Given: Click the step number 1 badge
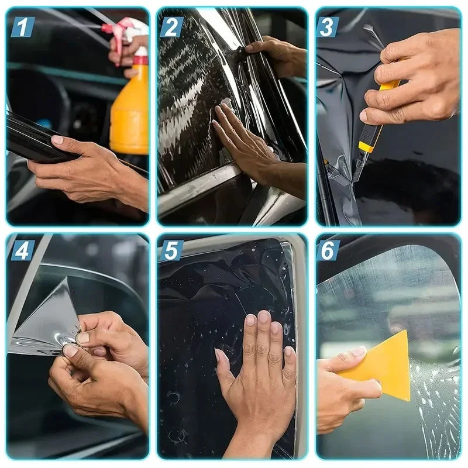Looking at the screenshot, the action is click(x=23, y=27).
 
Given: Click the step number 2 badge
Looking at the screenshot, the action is click(x=171, y=27).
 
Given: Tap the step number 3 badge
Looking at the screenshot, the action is click(x=327, y=27).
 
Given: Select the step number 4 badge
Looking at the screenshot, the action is click(x=23, y=250).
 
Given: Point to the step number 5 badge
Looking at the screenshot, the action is click(x=171, y=250).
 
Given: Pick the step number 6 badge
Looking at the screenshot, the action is click(x=328, y=250).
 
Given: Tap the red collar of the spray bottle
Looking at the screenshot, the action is click(x=140, y=60).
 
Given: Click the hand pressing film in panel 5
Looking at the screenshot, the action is click(x=257, y=373).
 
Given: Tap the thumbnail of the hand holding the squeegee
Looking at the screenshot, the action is click(x=358, y=352).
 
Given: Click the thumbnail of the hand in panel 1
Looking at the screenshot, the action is click(x=57, y=140).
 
